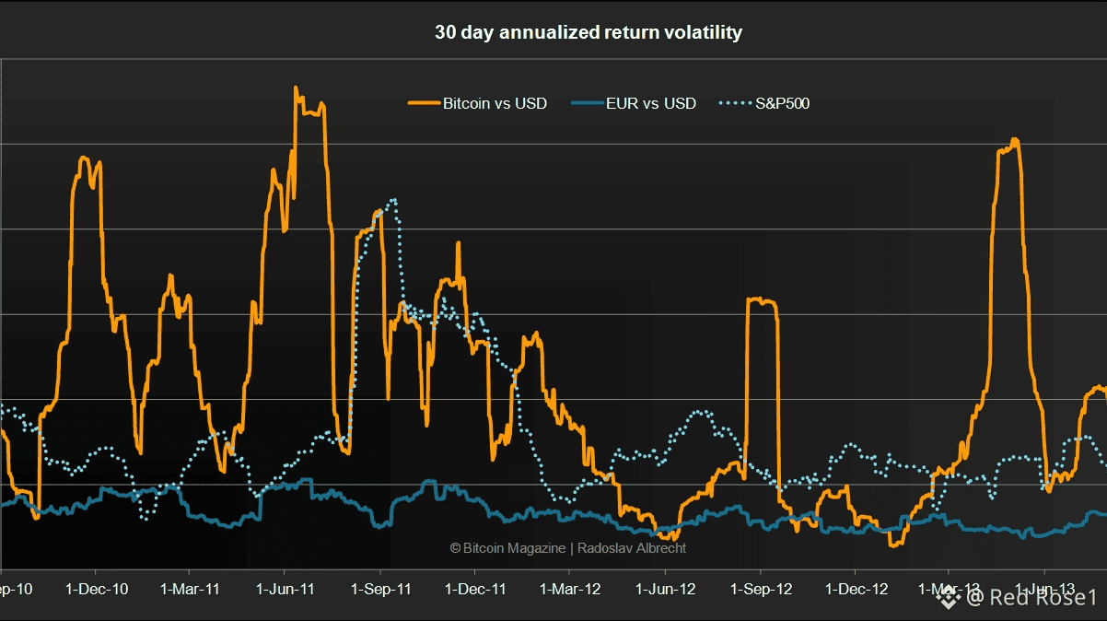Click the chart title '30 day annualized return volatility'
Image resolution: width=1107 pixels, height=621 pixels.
[x=588, y=32]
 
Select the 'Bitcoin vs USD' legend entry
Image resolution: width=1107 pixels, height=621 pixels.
[x=495, y=103]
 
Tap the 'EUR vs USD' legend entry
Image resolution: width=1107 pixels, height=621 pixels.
[x=650, y=103]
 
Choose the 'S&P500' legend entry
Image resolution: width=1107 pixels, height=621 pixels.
[x=782, y=103]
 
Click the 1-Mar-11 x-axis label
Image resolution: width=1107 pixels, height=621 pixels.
[x=190, y=589]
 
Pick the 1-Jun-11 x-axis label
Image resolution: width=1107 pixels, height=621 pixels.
[x=285, y=589]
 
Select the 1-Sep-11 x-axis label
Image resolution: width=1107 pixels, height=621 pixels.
[x=380, y=589]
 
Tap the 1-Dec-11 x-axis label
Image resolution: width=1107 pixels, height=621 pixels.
[x=476, y=589]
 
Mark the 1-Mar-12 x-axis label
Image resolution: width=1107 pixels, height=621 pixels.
[x=570, y=589]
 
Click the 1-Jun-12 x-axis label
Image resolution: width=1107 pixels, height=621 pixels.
[x=666, y=589]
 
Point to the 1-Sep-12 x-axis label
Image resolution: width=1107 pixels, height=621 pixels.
[x=761, y=589]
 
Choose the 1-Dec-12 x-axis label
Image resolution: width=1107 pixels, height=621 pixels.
[x=856, y=589]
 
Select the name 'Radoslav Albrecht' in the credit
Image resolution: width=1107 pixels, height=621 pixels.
[x=632, y=548]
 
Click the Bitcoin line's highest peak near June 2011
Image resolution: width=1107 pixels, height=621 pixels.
[x=296, y=88]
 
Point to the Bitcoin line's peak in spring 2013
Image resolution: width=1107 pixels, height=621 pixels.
[x=1014, y=140]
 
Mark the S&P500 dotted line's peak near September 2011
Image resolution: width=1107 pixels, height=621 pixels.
[x=394, y=200]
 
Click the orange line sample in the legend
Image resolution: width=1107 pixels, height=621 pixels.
[x=423, y=103]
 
